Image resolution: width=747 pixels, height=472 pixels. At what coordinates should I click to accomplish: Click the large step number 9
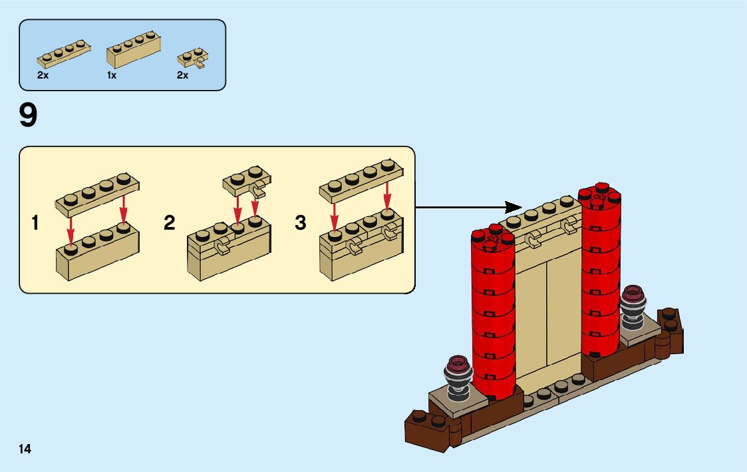(29, 116)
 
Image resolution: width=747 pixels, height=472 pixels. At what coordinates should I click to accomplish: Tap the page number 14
(25, 449)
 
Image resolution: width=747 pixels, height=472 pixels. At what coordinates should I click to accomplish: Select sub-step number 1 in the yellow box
(35, 222)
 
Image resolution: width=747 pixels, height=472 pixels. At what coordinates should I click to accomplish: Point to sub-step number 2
(170, 222)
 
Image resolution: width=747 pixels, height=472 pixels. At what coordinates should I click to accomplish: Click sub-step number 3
(301, 222)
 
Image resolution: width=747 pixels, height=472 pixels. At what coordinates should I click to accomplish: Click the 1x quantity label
(112, 76)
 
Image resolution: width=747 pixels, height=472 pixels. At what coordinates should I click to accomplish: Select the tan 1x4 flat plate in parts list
(63, 53)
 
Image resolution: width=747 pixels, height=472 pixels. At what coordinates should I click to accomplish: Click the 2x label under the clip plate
(182, 76)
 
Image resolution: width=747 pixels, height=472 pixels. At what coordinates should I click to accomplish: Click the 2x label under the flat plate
(43, 76)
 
